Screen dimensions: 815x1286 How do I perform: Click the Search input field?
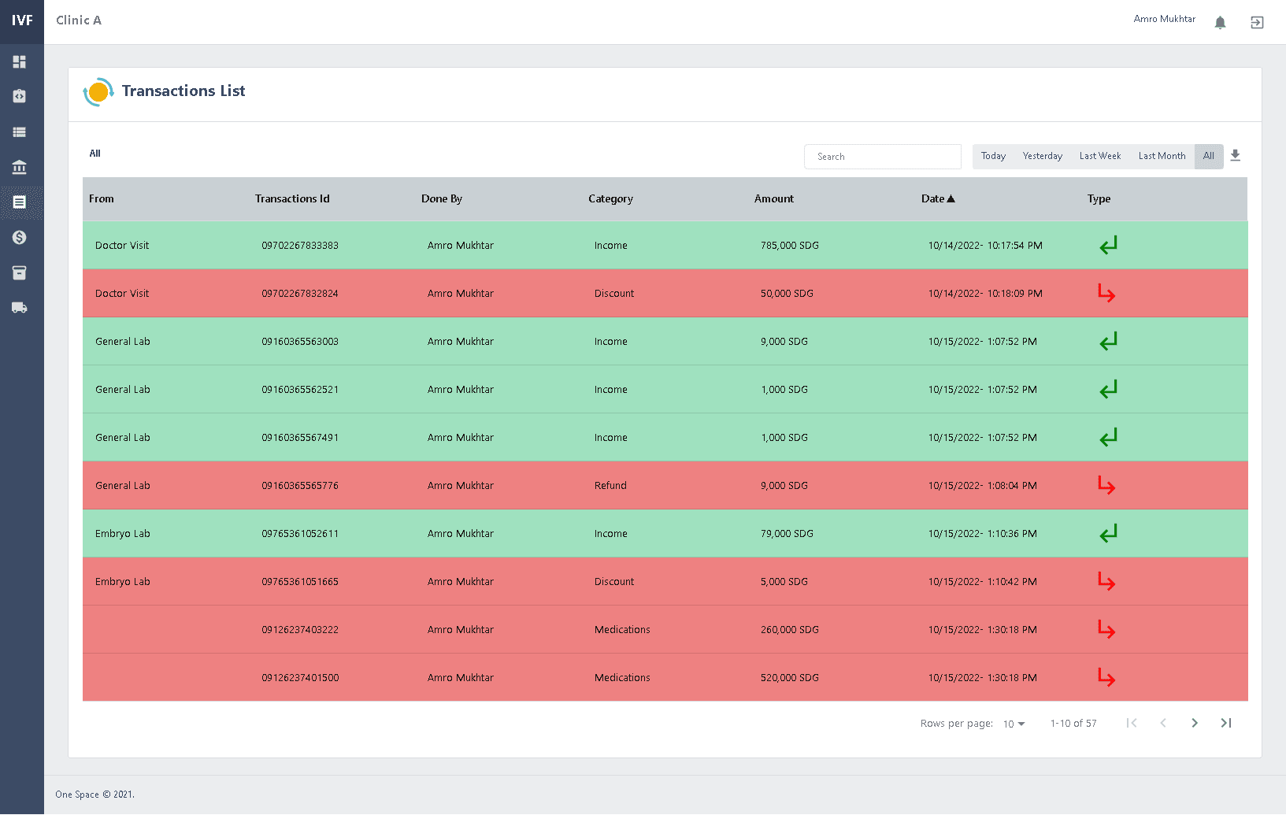click(x=882, y=157)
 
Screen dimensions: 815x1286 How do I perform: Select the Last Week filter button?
click(x=1099, y=156)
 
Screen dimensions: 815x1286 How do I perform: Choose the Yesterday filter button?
click(x=1042, y=156)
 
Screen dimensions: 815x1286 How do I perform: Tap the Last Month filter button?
click(x=1162, y=156)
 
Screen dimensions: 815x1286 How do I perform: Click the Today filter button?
click(x=993, y=156)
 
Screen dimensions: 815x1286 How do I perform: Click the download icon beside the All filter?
click(x=1235, y=155)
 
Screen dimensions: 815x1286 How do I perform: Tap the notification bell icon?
click(x=1220, y=22)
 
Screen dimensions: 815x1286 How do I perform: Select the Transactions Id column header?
click(x=292, y=198)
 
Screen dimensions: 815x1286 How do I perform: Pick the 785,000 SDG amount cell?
click(x=789, y=246)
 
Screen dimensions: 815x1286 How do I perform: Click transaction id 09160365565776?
click(x=300, y=486)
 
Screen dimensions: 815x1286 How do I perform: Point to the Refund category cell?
click(x=610, y=486)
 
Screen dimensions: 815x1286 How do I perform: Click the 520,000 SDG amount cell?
click(x=789, y=678)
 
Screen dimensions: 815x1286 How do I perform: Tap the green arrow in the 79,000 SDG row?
click(x=1108, y=534)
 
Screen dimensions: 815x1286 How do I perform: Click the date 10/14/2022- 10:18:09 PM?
click(x=984, y=294)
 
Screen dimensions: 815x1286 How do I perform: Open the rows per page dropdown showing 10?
click(x=1014, y=724)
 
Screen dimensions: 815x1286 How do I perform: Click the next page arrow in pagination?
click(x=1195, y=723)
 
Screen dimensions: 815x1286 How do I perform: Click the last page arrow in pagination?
click(x=1226, y=723)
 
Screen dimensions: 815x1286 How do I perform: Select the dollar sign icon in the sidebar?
click(x=20, y=237)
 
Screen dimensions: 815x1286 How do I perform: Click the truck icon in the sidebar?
click(x=20, y=308)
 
